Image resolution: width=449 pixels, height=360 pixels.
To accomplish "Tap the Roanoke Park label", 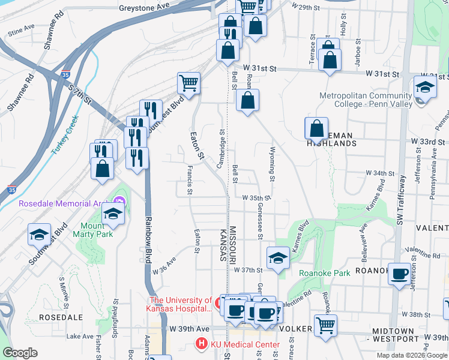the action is pyautogui.click(x=325, y=272).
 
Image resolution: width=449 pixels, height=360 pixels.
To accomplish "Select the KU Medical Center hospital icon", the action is pyautogui.click(x=199, y=344).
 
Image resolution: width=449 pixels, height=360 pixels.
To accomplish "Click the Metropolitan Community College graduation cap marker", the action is pyautogui.click(x=424, y=88).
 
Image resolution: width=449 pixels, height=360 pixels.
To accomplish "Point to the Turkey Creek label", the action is pyautogui.click(x=66, y=136).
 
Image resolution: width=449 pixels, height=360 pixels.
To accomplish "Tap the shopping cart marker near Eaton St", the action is pyautogui.click(x=188, y=83).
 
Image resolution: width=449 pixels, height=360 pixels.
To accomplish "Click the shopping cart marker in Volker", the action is pyautogui.click(x=325, y=326).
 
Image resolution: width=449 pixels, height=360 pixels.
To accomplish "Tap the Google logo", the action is pyautogui.click(x=20, y=352).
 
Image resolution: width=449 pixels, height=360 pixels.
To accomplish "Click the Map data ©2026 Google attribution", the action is pyautogui.click(x=411, y=355).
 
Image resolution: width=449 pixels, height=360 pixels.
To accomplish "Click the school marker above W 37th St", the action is pyautogui.click(x=278, y=259).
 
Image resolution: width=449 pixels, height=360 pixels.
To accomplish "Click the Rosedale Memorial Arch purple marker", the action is pyautogui.click(x=119, y=202).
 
